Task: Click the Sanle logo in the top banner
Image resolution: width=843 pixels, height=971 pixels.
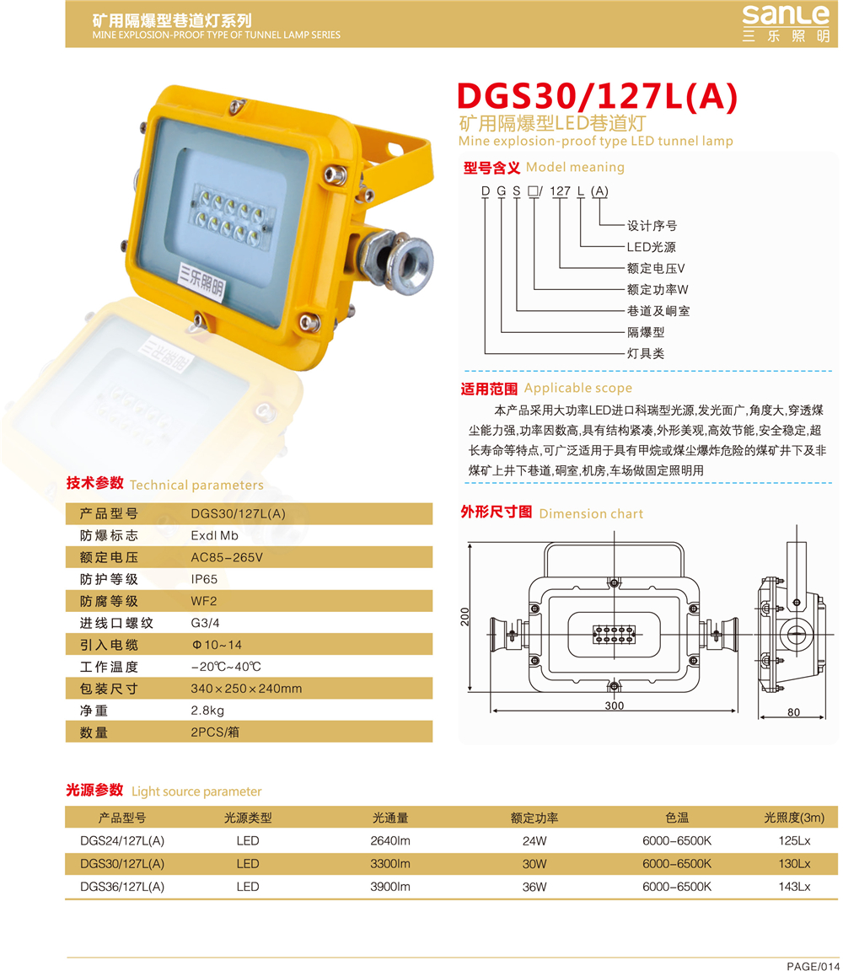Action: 786,24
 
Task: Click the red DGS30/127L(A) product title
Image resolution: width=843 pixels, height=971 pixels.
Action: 597,97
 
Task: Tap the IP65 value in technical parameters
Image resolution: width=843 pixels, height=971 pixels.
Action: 204,579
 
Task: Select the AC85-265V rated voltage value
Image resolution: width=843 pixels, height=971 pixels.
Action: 227,557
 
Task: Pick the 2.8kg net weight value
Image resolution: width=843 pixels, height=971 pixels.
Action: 207,711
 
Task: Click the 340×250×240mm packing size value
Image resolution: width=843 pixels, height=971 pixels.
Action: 246,689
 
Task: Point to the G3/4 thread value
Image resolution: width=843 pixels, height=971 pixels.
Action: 205,623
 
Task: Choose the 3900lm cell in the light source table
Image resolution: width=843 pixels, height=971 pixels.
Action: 390,887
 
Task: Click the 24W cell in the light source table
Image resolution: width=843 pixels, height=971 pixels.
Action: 534,841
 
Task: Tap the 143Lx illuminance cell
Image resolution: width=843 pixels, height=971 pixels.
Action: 795,887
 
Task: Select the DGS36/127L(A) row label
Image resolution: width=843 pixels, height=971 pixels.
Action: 122,887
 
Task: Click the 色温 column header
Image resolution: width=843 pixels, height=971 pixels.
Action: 677,818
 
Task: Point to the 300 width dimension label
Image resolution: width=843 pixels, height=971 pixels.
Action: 615,705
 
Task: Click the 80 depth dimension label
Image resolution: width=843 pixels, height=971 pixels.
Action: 793,712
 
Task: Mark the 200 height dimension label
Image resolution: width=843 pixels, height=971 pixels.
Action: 465,617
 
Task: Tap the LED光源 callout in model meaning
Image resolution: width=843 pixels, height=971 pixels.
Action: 651,247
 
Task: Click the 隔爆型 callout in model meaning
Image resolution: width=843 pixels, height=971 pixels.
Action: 646,332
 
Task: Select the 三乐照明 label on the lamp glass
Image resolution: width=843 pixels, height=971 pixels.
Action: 201,282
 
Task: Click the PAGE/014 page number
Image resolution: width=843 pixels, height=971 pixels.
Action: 813,966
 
